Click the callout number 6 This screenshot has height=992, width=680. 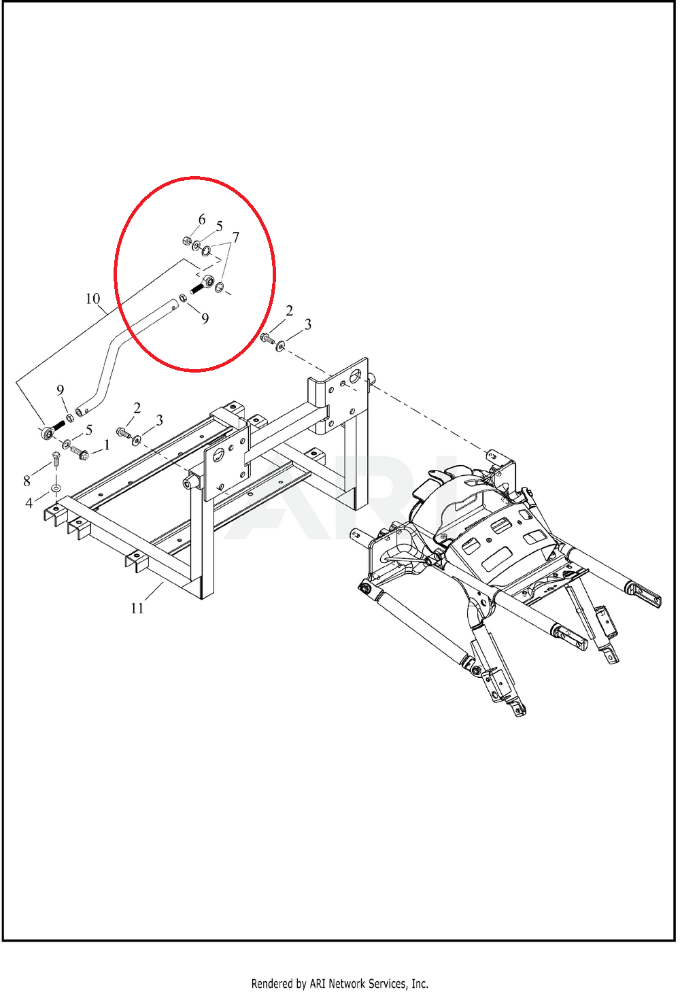pos(202,220)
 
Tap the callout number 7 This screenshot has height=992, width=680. pos(236,237)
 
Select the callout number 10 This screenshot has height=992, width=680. pos(92,298)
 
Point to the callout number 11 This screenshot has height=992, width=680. pos(137,609)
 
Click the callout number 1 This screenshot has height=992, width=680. pos(107,445)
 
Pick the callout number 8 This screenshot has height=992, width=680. pos(27,481)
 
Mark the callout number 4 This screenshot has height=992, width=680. pos(29,503)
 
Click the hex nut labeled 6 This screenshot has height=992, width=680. pos(186,241)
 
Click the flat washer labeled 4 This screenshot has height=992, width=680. pos(55,488)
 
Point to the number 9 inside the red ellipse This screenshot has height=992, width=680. pos(205,318)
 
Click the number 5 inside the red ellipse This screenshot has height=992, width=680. pos(219,226)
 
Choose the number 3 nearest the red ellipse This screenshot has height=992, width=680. pos(308,324)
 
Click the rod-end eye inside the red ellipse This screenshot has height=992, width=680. pos(209,280)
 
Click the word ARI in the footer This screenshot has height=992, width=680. pos(318,984)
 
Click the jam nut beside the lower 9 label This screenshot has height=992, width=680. pos(70,417)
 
